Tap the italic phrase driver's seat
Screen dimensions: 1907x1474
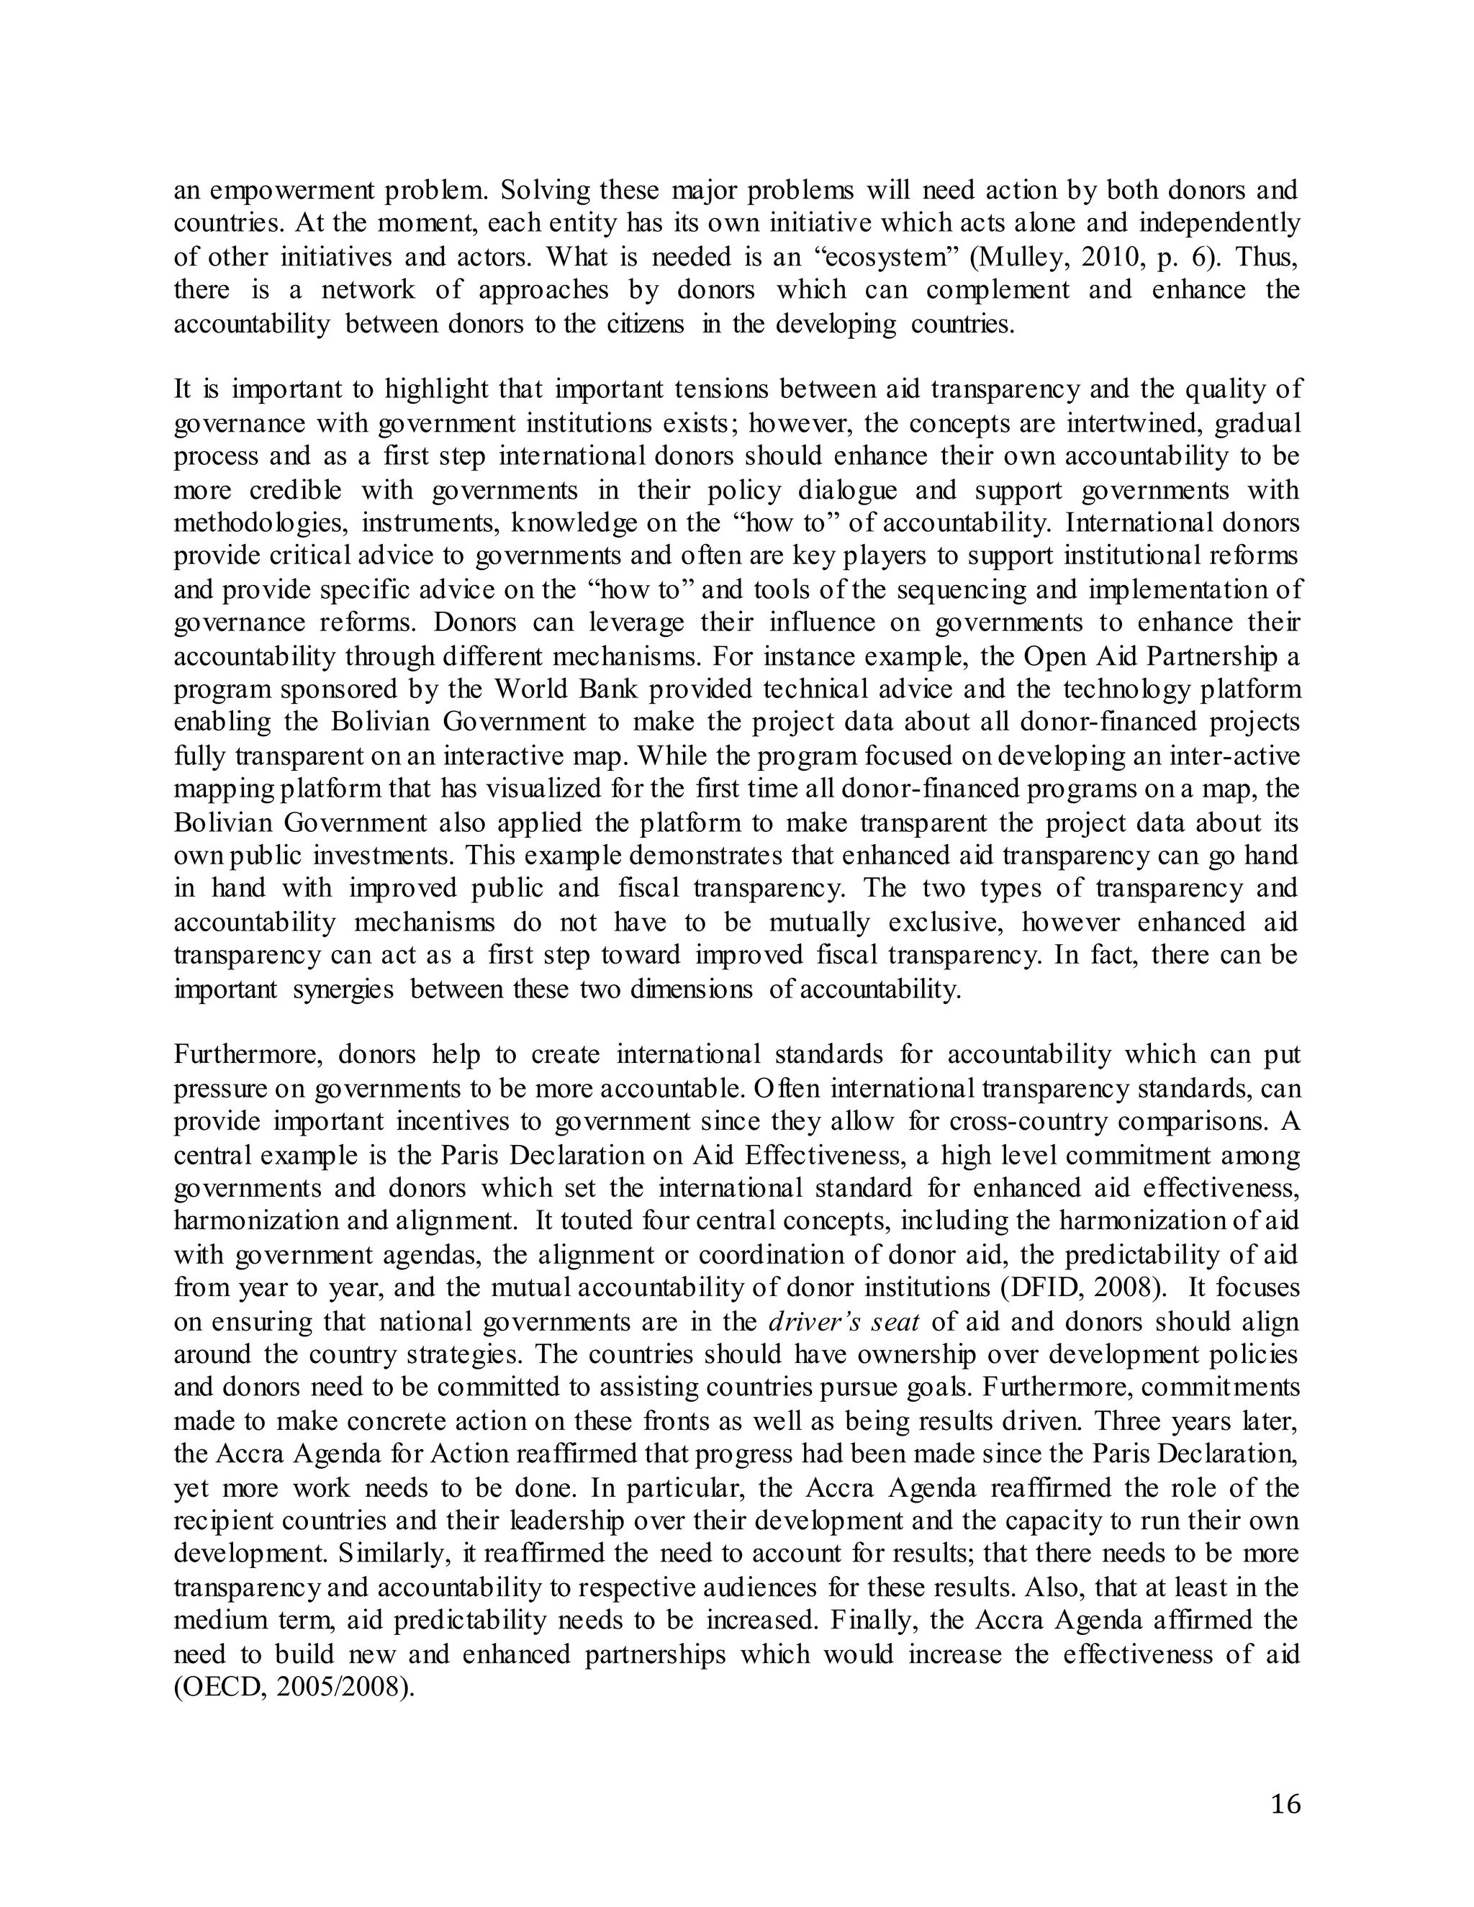(844, 1321)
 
